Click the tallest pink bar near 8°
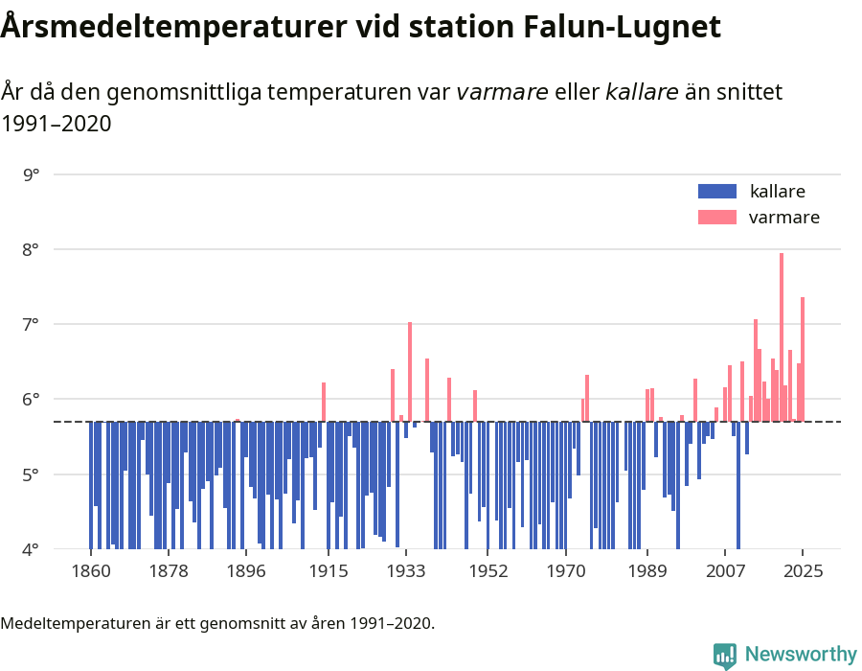click(x=782, y=335)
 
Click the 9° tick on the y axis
click(x=31, y=174)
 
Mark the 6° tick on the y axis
click(x=31, y=399)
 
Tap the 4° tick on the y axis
click(x=31, y=549)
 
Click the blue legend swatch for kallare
click(x=717, y=191)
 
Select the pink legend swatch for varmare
click(x=717, y=218)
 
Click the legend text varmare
click(x=783, y=218)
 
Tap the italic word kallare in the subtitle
click(x=642, y=92)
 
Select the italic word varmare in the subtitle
click(x=502, y=92)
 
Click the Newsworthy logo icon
click(x=725, y=655)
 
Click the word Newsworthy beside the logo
click(x=801, y=655)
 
